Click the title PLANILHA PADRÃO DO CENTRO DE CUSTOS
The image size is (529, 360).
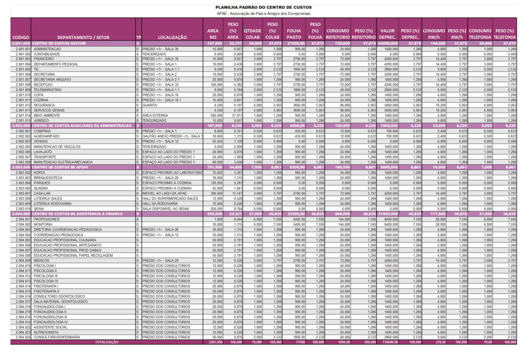tap(264, 7)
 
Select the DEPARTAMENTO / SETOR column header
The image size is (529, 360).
tap(83, 38)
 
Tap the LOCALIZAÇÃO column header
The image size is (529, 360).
tap(173, 38)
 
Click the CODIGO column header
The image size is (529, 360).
tap(21, 38)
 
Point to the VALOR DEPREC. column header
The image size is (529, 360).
tap(387, 34)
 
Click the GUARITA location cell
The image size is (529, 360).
tap(150, 105)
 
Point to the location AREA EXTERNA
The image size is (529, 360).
tap(154, 115)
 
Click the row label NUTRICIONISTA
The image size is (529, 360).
tap(48, 332)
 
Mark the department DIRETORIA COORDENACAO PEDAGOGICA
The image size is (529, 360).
tap(67, 229)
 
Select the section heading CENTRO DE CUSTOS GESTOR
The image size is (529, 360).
tap(59, 43)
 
